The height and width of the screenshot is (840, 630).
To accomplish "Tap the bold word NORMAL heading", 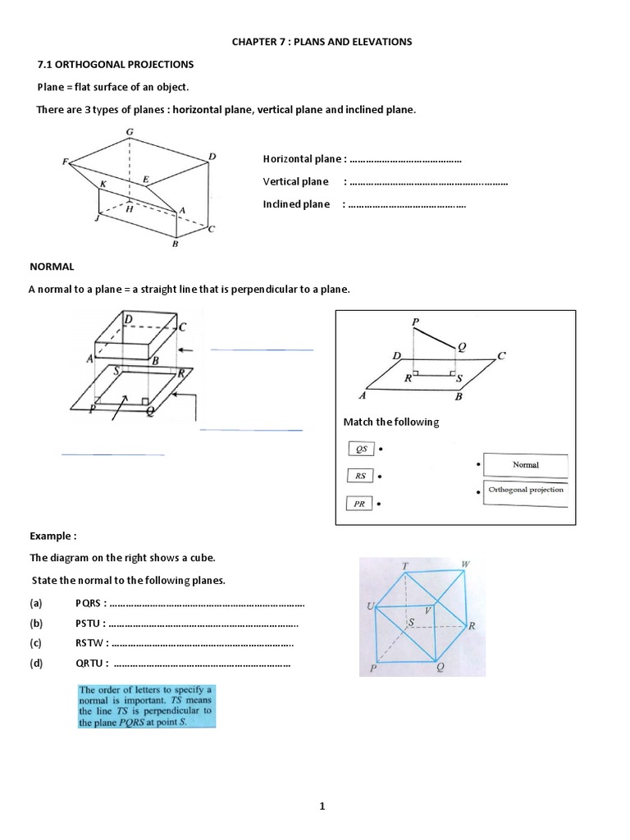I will click(52, 267).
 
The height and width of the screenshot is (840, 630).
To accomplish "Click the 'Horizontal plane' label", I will click(301, 159).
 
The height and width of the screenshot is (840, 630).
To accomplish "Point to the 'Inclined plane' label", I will click(296, 204).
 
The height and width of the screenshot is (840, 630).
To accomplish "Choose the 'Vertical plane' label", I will click(295, 182).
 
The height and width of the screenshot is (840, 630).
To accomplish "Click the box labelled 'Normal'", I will click(525, 465).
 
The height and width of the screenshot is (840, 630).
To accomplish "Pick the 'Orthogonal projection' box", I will click(525, 491).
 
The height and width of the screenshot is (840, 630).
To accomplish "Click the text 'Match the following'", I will click(391, 422).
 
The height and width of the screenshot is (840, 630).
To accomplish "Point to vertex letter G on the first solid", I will click(130, 131).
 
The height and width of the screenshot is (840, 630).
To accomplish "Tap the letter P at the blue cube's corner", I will click(372, 668).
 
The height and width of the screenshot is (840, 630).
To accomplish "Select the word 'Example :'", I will click(53, 536).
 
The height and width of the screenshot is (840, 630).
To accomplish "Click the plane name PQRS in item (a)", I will click(89, 604).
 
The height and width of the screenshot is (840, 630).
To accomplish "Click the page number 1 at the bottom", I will click(323, 783).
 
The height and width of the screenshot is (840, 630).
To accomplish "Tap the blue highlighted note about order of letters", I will click(145, 705).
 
